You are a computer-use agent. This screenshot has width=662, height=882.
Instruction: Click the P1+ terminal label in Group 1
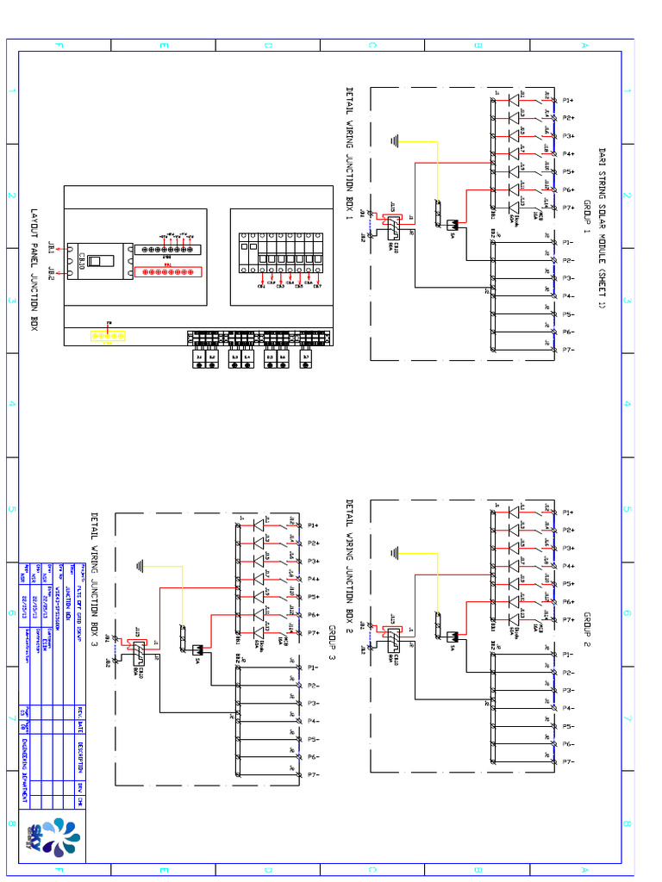pos(568,100)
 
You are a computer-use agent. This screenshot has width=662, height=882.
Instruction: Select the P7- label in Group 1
pos(568,350)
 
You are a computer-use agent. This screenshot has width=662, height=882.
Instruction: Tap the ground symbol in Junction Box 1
pos(395,140)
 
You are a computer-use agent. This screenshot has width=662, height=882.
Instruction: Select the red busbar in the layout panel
pos(166,271)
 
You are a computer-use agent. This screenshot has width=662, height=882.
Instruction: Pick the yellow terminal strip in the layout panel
pos(109,335)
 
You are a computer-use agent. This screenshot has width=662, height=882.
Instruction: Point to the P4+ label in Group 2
pos(568,566)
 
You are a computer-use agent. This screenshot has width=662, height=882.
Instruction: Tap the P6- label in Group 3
pos(314,757)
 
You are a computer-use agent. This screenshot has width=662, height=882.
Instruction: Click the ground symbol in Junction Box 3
pos(139,565)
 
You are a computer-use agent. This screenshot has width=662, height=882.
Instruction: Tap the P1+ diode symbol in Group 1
pos(514,100)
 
